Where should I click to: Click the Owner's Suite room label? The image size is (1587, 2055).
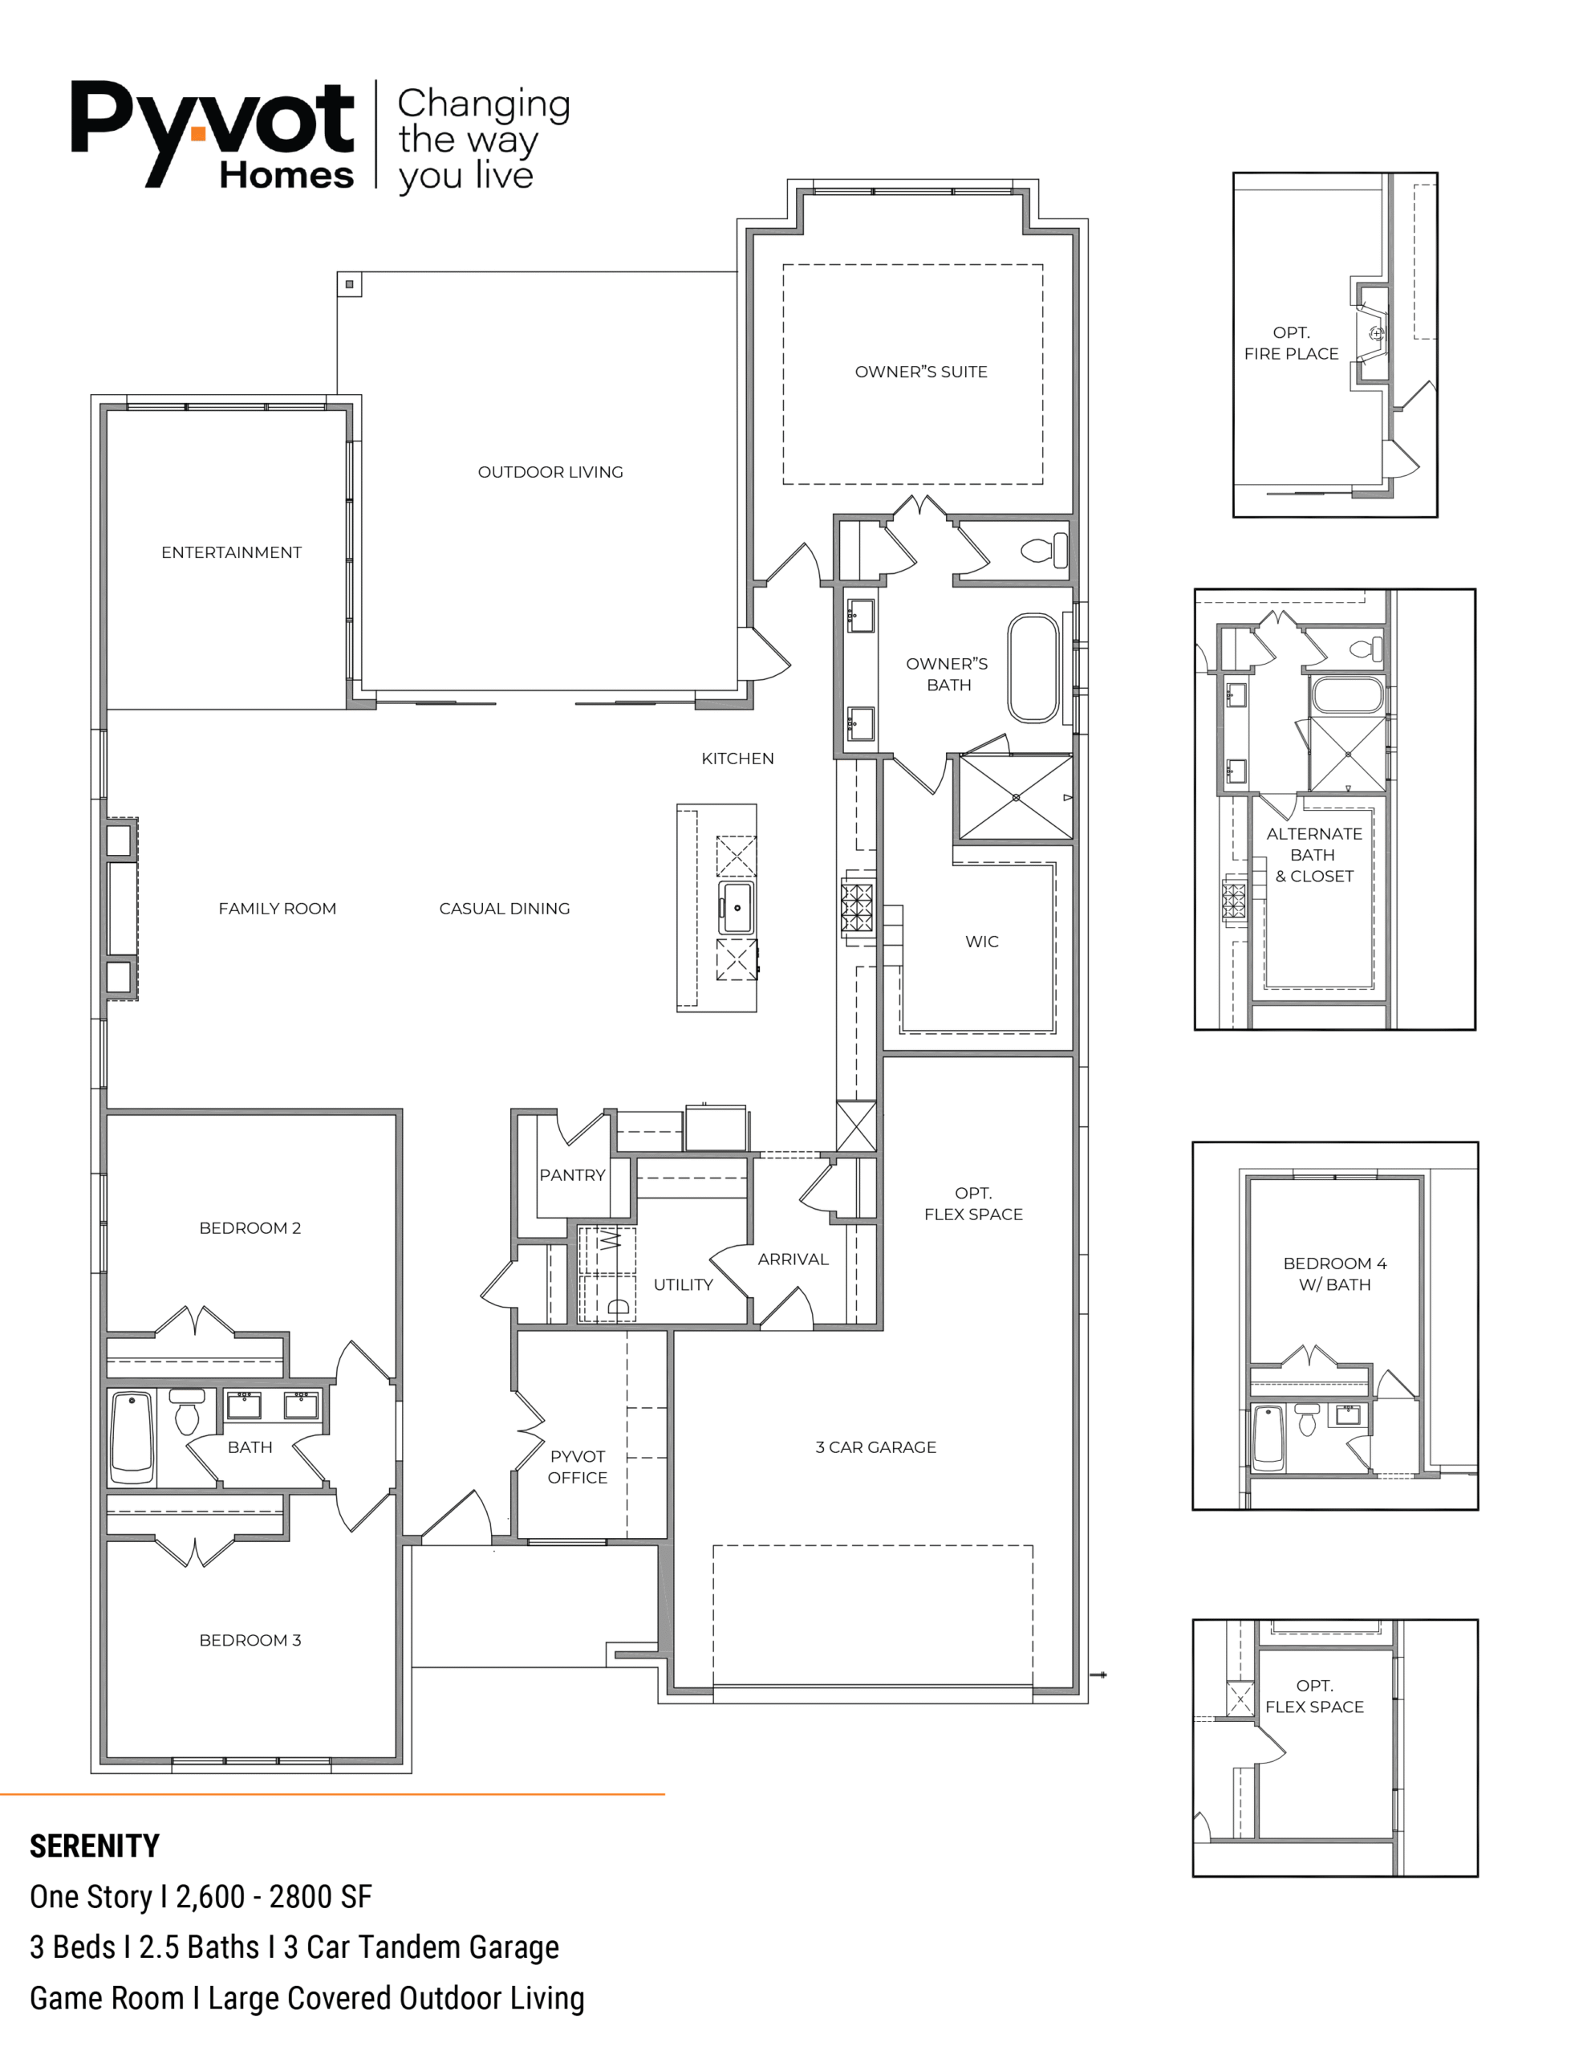click(x=921, y=372)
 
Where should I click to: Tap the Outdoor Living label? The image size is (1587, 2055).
click(x=550, y=472)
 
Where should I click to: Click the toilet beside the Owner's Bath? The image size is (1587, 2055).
click(x=1044, y=550)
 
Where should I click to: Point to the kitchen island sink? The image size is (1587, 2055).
click(x=737, y=908)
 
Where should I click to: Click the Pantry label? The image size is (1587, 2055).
click(x=572, y=1175)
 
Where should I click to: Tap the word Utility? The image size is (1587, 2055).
click(x=683, y=1285)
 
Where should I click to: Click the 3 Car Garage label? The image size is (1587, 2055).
click(x=876, y=1447)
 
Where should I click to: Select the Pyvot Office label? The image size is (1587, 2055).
click(x=578, y=1467)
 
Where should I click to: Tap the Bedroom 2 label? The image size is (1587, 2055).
click(x=250, y=1228)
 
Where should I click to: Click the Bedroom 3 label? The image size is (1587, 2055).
click(x=250, y=1640)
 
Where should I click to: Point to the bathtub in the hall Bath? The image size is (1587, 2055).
click(x=132, y=1437)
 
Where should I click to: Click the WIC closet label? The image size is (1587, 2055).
click(x=982, y=942)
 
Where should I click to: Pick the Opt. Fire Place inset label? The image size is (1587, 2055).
click(x=1291, y=344)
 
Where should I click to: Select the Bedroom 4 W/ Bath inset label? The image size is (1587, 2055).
click(x=1335, y=1274)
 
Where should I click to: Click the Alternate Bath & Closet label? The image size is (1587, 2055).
click(x=1314, y=855)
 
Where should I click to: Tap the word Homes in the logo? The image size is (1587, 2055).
click(x=287, y=175)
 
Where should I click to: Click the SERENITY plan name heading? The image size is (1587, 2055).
click(x=94, y=1846)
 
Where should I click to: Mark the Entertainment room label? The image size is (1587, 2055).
click(x=231, y=553)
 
